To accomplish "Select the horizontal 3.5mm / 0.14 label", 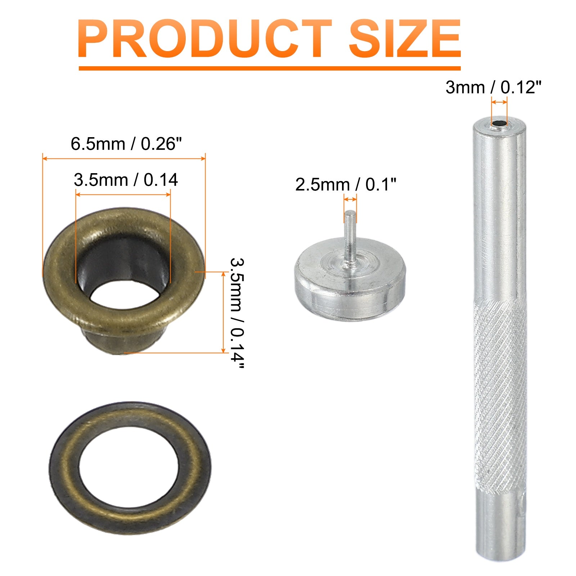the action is (126, 180).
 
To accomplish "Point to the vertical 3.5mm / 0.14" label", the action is (237, 313).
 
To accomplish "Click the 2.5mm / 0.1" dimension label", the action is (346, 185).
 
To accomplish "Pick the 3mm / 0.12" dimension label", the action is (493, 87).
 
